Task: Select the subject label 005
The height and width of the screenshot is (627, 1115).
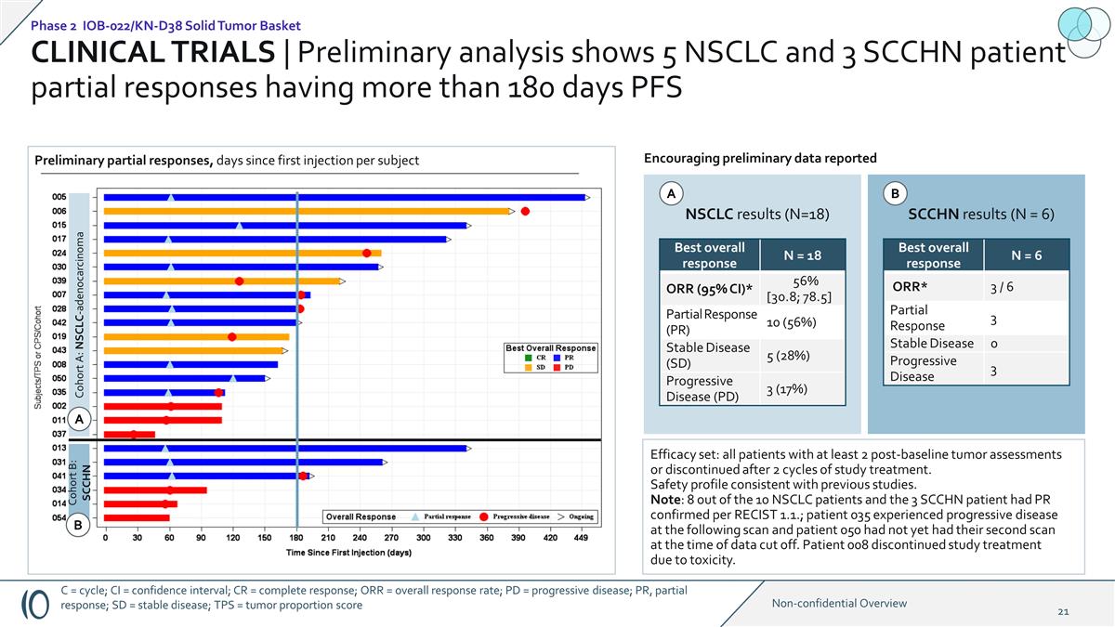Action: tap(59, 197)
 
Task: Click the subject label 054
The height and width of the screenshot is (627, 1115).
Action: tap(59, 517)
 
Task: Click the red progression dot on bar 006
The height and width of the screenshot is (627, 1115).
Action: tap(525, 211)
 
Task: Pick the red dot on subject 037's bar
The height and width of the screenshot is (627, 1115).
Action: tap(134, 434)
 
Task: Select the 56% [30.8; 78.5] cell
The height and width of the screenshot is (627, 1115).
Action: tap(798, 289)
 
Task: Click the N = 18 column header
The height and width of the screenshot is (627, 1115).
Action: tap(802, 255)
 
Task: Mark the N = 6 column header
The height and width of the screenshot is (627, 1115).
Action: tap(1027, 255)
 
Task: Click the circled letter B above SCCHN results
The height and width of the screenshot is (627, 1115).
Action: tap(895, 194)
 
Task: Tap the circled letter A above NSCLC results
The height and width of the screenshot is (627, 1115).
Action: tap(670, 194)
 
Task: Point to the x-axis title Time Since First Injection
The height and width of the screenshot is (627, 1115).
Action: tap(348, 552)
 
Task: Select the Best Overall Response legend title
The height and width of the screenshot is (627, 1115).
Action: tap(551, 348)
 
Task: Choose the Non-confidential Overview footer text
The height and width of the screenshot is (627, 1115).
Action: tap(839, 603)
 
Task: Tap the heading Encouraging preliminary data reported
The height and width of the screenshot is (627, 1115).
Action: tap(760, 158)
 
